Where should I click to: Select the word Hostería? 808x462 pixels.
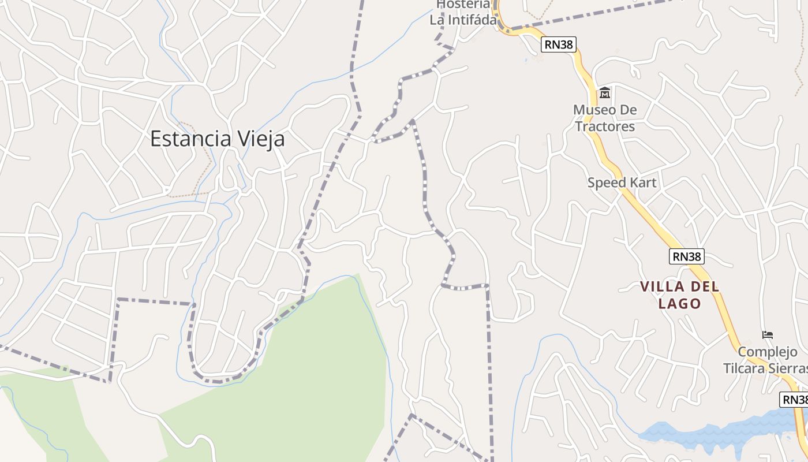click(463, 5)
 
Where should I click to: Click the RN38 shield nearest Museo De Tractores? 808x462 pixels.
click(559, 44)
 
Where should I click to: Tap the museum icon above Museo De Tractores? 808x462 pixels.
click(605, 92)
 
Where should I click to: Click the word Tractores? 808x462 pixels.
click(605, 126)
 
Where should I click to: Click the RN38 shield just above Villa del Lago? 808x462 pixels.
click(687, 256)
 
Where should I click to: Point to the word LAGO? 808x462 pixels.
click(680, 303)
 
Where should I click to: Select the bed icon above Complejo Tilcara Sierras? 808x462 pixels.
click(768, 334)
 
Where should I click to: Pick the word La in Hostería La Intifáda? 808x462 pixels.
click(437, 20)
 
